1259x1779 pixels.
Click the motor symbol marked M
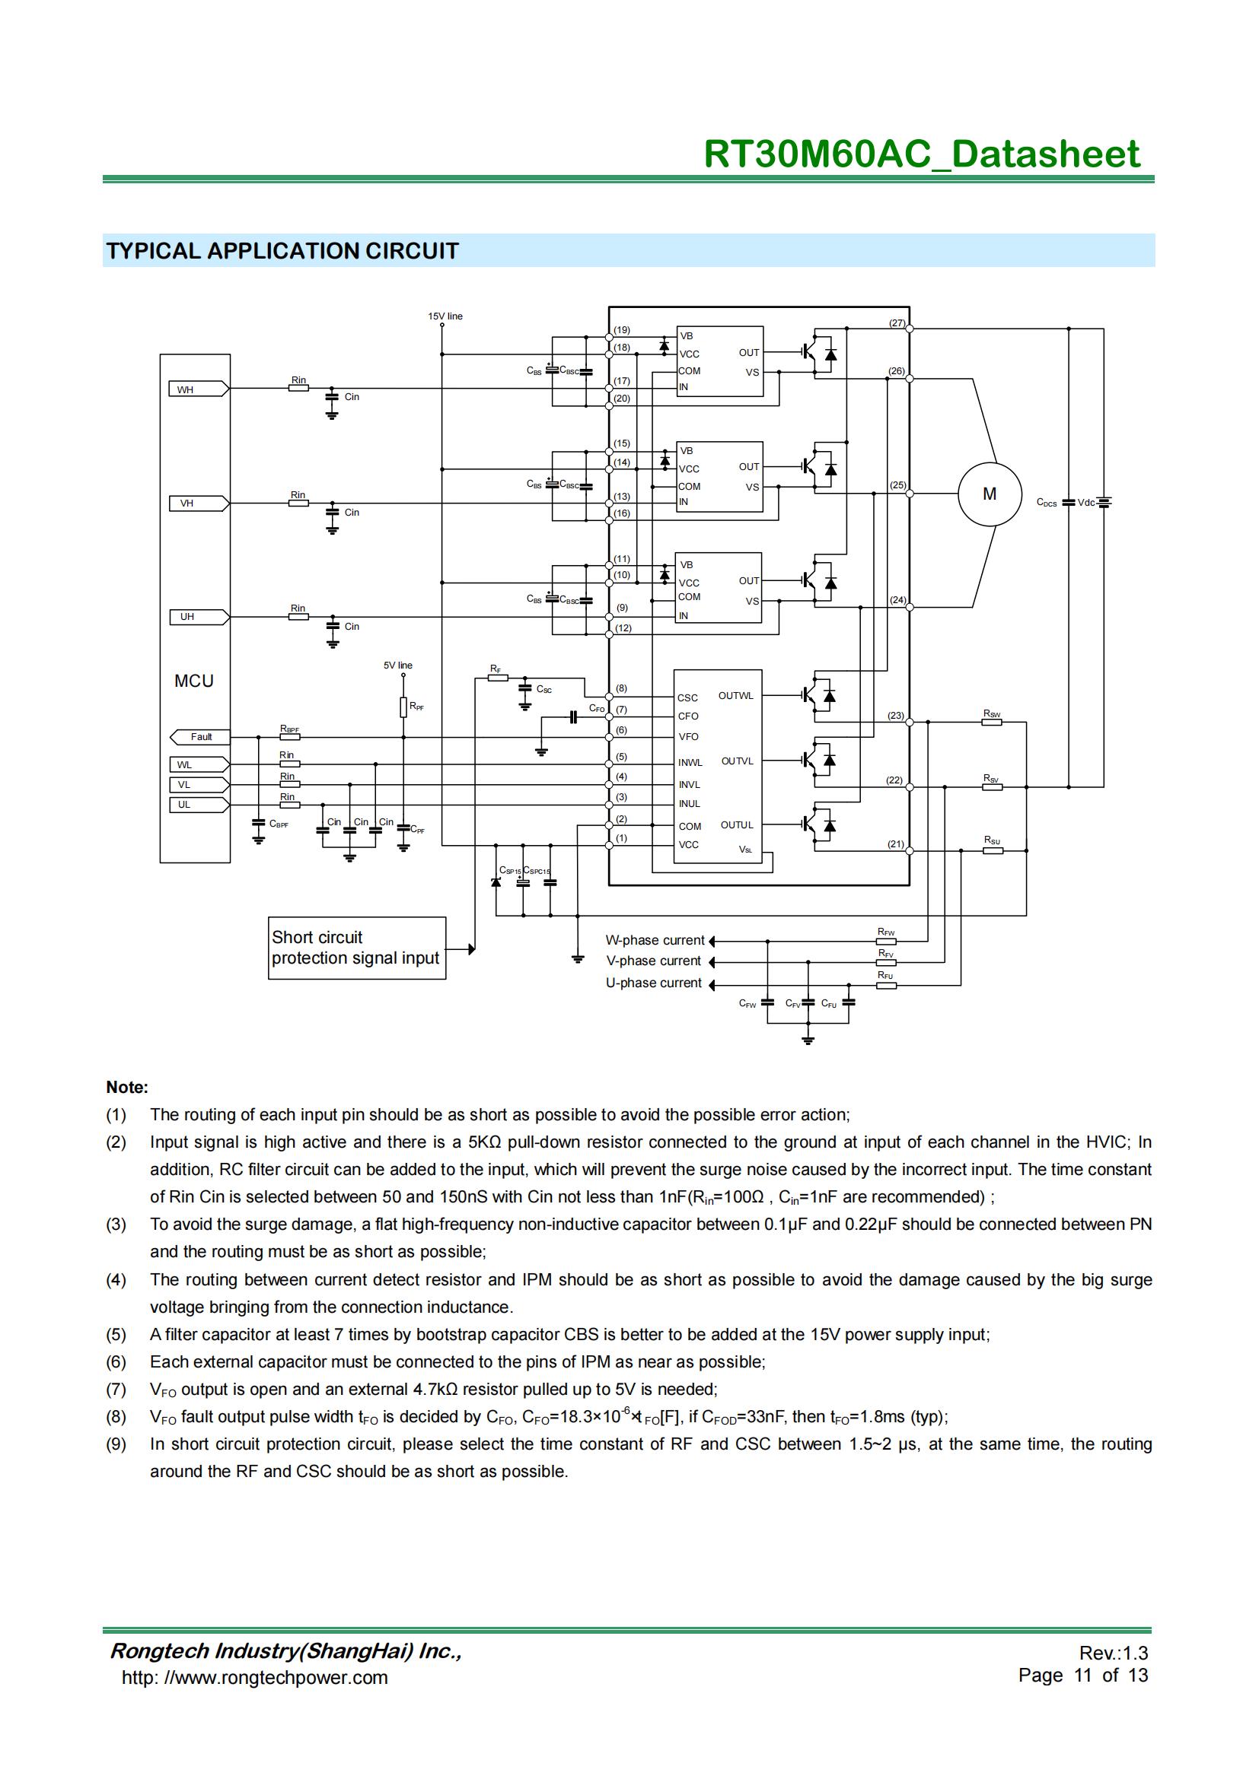coord(990,494)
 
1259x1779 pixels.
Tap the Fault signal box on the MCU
coord(199,737)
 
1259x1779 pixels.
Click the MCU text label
coord(194,681)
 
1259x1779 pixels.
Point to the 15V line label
coord(445,316)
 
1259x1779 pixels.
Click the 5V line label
coord(397,666)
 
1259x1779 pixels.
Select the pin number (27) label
coord(897,323)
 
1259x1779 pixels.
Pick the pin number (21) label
coord(895,843)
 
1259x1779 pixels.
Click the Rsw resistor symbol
coord(992,722)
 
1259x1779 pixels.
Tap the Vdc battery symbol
coord(1104,502)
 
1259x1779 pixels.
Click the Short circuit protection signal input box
coord(356,948)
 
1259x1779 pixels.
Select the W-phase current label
coord(655,941)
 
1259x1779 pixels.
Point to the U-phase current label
coord(654,983)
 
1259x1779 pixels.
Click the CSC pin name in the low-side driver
coord(687,698)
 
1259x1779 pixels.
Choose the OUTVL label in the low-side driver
coord(738,761)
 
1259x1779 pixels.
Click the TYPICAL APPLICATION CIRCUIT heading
coord(283,251)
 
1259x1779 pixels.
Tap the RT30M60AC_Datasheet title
coord(922,154)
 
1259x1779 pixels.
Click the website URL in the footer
coord(254,1678)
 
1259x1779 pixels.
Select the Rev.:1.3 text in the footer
coord(1113,1653)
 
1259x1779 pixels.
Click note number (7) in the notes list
coord(116,1390)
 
